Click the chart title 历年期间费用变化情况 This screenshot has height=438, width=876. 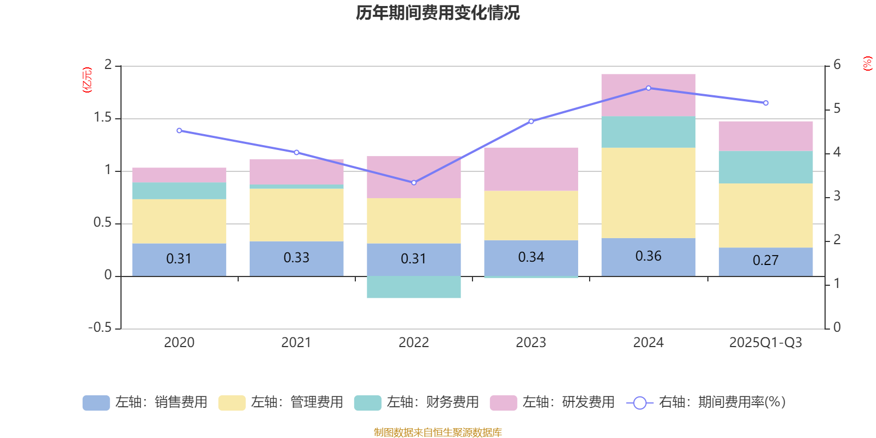(437, 13)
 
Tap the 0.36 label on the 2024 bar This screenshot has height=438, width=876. (648, 256)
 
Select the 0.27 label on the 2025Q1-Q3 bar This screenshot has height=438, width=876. (765, 261)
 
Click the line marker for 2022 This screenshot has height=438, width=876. (414, 182)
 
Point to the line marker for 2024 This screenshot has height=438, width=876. (648, 88)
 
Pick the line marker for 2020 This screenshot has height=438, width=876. (179, 131)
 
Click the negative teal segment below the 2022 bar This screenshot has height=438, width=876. (414, 287)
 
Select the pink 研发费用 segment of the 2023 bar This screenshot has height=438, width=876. (531, 169)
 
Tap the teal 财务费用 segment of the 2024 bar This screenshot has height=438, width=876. (648, 132)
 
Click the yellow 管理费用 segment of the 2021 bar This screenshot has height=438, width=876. (296, 215)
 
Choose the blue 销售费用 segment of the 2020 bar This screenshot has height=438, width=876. (179, 260)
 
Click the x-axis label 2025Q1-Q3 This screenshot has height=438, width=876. (765, 343)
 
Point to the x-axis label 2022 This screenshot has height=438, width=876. (414, 343)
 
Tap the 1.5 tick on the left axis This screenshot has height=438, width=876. (102, 118)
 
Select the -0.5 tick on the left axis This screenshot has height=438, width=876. (100, 327)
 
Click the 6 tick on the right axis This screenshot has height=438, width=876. (837, 65)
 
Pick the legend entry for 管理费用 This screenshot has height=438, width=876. (281, 402)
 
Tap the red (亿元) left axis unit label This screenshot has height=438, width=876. (87, 80)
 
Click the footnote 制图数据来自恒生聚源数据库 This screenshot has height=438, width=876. (437, 433)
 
